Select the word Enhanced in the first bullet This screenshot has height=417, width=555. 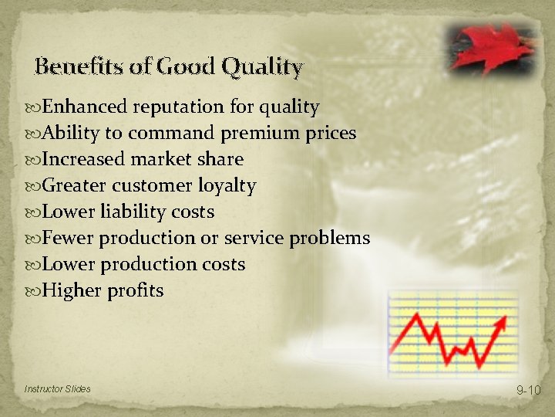85,107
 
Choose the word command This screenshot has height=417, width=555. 171,133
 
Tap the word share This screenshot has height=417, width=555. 222,159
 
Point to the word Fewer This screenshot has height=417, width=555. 68,238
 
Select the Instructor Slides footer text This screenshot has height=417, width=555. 57,388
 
